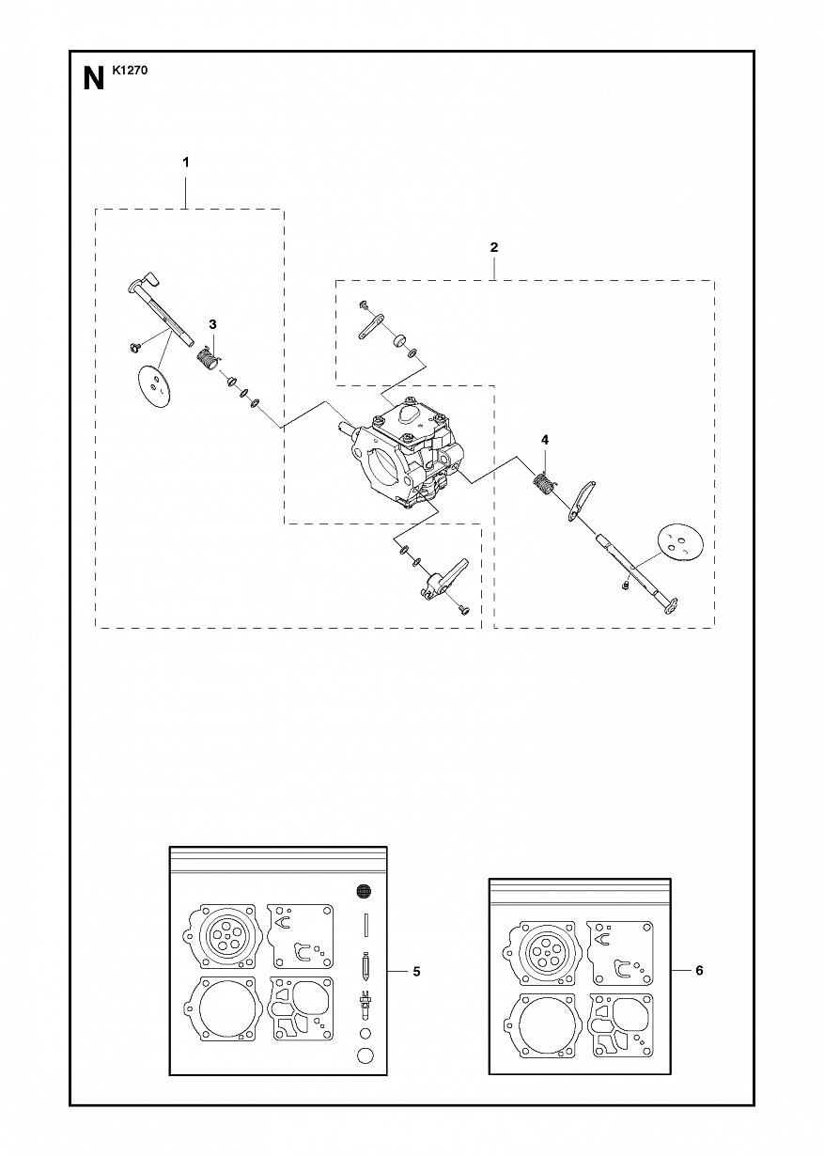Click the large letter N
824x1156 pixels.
pos(93,80)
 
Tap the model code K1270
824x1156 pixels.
pos(130,70)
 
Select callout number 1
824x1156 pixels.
pos(186,163)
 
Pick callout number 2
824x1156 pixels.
pos(494,247)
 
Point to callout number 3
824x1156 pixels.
pos(212,324)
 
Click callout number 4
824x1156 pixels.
pos(545,440)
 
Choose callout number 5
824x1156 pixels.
pos(416,972)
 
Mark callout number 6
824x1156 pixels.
pos(699,971)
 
